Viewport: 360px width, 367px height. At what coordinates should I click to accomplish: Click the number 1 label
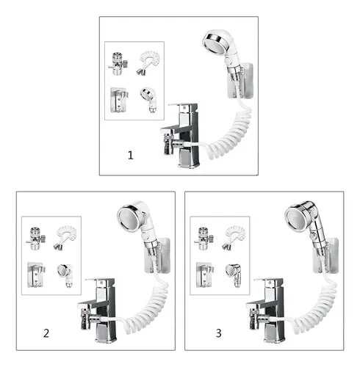point(131,156)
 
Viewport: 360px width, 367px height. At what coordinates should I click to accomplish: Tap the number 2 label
point(46,333)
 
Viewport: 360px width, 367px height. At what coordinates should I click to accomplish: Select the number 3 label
point(219,333)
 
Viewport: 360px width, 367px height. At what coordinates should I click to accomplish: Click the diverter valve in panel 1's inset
point(118,64)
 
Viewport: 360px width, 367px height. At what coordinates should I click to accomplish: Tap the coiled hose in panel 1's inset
point(148,62)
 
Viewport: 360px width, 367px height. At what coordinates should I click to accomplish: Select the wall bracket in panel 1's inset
point(119,100)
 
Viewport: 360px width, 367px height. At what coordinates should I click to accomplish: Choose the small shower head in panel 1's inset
point(149,100)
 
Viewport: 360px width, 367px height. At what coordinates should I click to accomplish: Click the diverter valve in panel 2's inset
point(36,239)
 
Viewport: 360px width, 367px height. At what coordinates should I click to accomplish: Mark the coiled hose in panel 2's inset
point(65,237)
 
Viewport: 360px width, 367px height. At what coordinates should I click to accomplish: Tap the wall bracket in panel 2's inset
point(36,275)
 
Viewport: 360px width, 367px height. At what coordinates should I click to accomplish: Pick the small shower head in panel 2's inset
point(65,275)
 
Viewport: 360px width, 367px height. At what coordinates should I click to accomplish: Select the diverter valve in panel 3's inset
point(204,239)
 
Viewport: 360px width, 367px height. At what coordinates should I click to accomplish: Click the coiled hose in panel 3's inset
point(234,237)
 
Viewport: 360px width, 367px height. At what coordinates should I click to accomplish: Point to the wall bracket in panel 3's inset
point(205,275)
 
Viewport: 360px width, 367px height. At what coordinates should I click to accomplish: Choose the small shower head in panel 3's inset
point(234,275)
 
